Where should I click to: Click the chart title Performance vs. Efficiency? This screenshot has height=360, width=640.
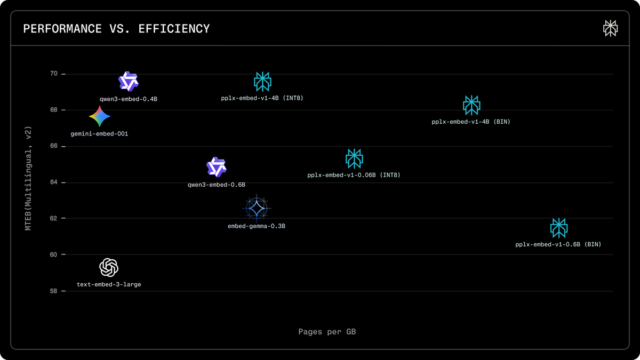[x=116, y=29]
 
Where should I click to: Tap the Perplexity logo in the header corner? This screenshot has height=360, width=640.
[x=610, y=29]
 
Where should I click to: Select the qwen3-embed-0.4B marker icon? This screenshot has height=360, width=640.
[x=129, y=82]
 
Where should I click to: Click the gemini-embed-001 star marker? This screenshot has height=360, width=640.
[x=100, y=116]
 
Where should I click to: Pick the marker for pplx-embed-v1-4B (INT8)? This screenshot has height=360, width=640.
[x=262, y=81]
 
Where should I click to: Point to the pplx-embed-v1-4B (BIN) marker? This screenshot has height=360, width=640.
[x=471, y=105]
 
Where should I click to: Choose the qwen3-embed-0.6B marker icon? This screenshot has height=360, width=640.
[x=217, y=167]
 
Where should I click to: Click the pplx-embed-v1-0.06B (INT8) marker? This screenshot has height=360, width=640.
[x=354, y=158]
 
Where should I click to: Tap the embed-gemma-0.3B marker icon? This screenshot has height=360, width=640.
[x=257, y=208]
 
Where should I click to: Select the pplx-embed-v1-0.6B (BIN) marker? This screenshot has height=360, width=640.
[x=558, y=228]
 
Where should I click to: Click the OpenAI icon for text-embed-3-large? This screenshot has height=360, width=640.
[x=109, y=267]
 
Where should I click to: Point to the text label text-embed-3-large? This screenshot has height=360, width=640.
[x=109, y=285]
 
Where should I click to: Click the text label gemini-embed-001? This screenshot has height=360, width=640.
[x=99, y=134]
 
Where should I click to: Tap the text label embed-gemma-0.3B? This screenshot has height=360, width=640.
[x=257, y=226]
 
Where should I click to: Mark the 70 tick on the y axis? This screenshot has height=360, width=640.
[x=54, y=74]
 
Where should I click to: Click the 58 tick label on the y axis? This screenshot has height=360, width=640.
[x=54, y=291]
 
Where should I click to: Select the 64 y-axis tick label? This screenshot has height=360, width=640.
[x=54, y=182]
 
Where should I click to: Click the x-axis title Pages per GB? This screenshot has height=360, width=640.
[x=327, y=332]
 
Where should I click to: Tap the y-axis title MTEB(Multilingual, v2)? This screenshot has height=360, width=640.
[x=29, y=178]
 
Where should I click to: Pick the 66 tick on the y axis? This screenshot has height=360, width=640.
[x=54, y=146]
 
